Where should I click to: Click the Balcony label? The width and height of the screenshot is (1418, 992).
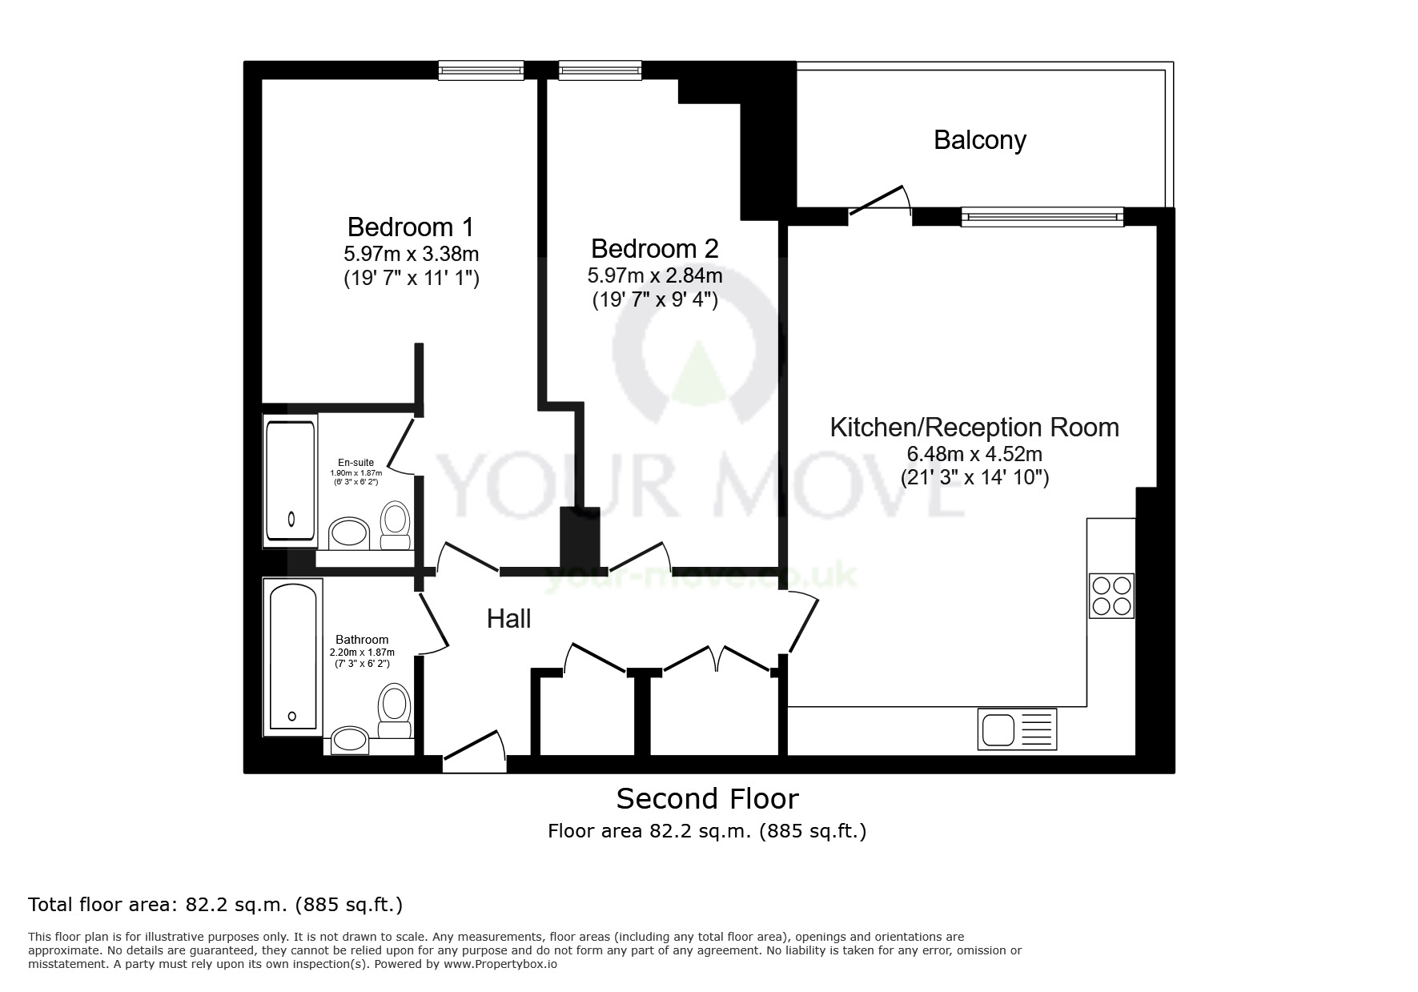pyautogui.click(x=979, y=140)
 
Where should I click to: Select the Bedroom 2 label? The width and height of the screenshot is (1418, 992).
pyautogui.click(x=654, y=248)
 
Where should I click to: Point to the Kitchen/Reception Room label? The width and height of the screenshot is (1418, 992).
pyautogui.click(x=974, y=427)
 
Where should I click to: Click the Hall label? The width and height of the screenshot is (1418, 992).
pyautogui.click(x=508, y=618)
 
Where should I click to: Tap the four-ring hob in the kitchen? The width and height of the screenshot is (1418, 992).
pyautogui.click(x=1111, y=596)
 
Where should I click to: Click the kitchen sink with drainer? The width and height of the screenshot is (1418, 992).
pyautogui.click(x=1017, y=729)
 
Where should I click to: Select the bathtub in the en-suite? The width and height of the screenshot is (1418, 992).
pyautogui.click(x=290, y=480)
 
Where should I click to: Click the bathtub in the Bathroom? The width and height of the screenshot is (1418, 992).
pyautogui.click(x=292, y=657)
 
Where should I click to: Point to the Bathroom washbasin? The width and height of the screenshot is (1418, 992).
pyautogui.click(x=349, y=741)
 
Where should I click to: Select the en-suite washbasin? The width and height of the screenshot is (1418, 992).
pyautogui.click(x=349, y=533)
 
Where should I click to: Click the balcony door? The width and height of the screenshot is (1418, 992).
pyautogui.click(x=880, y=200)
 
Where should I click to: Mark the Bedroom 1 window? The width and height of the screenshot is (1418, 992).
pyautogui.click(x=480, y=71)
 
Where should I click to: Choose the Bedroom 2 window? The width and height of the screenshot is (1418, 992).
pyautogui.click(x=601, y=71)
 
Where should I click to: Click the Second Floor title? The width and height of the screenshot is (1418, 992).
pyautogui.click(x=707, y=798)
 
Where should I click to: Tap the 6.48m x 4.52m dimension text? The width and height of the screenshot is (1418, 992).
pyautogui.click(x=974, y=454)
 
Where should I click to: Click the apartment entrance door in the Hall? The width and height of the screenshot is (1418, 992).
pyautogui.click(x=474, y=754)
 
